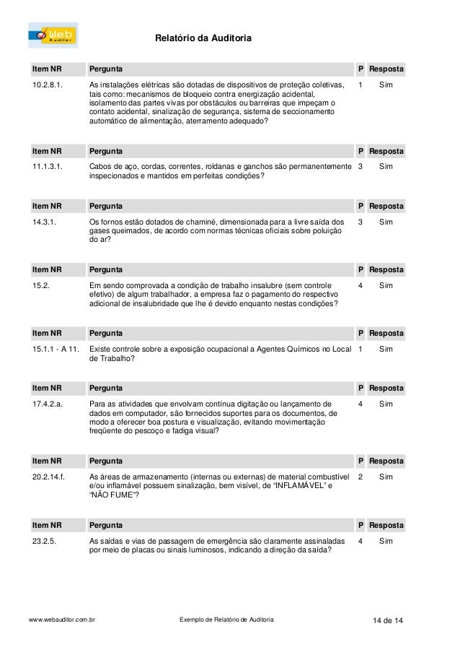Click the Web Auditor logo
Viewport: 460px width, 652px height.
point(53,35)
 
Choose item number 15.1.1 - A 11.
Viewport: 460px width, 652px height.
point(56,349)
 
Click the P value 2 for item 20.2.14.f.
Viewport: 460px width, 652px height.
point(360,477)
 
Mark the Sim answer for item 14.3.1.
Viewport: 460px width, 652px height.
point(386,222)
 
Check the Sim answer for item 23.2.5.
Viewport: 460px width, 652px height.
point(386,541)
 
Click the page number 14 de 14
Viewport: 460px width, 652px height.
point(384,620)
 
